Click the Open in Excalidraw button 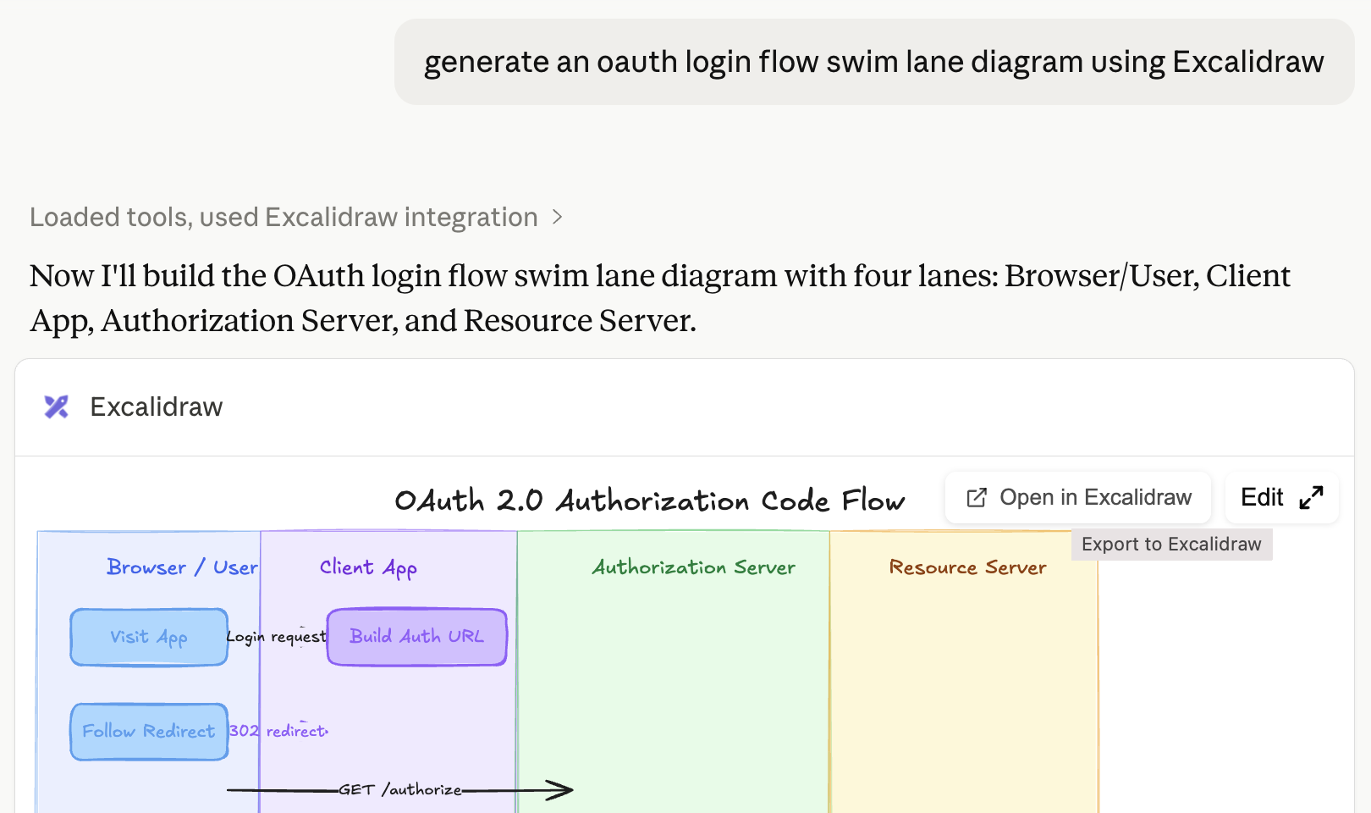1077,497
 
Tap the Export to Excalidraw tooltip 1171,545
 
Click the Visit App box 149,637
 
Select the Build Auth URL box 417,637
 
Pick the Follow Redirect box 149,732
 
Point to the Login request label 277,637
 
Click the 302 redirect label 278,731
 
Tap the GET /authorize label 400,790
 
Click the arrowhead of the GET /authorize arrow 562,790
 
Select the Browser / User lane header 182,567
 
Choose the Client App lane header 368,567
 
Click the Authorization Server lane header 694,567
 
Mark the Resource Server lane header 967,567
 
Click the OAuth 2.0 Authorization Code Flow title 650,501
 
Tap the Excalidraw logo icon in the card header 57,407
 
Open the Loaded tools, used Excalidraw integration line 284,218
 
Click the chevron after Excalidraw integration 557,218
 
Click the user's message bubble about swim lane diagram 873,63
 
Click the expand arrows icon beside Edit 1311,498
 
